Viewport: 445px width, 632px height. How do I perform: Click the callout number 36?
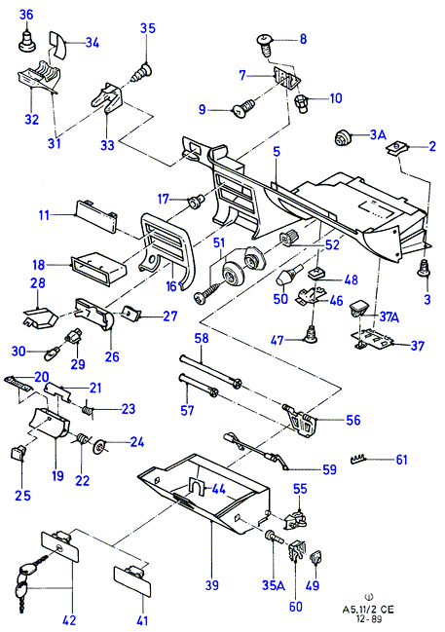pyautogui.click(x=26, y=15)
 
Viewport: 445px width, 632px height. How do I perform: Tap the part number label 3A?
pyautogui.click(x=377, y=134)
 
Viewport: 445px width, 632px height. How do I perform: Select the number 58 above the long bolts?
pyautogui.click(x=202, y=338)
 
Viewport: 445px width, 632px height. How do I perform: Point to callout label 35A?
pyautogui.click(x=274, y=585)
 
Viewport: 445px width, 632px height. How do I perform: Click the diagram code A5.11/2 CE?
pyautogui.click(x=368, y=610)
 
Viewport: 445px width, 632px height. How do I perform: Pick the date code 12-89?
pyautogui.click(x=368, y=619)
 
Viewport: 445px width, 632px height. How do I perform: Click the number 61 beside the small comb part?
pyautogui.click(x=401, y=460)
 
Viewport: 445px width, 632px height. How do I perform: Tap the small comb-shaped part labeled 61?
pyautogui.click(x=359, y=459)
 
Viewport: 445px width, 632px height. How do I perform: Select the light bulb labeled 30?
pyautogui.click(x=51, y=353)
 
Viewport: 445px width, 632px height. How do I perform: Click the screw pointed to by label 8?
pyautogui.click(x=265, y=45)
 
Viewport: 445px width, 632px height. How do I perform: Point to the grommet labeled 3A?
pyautogui.click(x=343, y=138)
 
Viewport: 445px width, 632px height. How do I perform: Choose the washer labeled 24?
pyautogui.click(x=98, y=446)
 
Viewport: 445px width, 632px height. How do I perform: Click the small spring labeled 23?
pyautogui.click(x=87, y=411)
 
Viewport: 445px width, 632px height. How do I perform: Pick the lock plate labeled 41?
pyautogui.click(x=131, y=579)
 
